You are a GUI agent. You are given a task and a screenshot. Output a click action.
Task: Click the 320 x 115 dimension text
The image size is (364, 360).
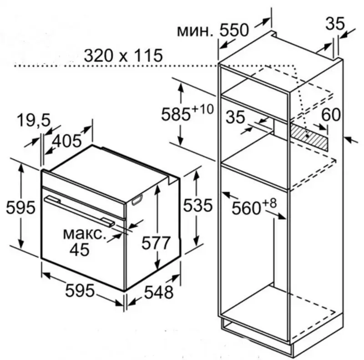(123, 56)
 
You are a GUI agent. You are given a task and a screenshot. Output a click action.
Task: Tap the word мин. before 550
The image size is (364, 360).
(195, 31)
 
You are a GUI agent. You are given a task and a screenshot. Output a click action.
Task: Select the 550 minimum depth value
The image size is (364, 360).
(234, 30)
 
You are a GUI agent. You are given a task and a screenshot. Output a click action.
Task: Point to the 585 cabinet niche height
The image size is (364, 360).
(176, 114)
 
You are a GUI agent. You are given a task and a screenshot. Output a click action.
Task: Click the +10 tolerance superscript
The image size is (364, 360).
(202, 109)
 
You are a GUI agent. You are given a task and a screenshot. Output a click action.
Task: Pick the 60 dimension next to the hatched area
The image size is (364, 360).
(331, 115)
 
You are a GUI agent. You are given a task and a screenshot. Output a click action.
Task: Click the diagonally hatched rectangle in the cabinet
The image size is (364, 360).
(308, 137)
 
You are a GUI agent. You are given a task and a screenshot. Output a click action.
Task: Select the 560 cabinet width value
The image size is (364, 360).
(247, 208)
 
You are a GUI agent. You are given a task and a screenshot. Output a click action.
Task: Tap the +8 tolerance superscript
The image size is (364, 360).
(269, 203)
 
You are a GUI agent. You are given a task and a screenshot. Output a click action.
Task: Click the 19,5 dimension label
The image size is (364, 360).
(34, 121)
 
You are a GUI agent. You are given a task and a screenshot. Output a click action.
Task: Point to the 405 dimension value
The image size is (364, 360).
(66, 141)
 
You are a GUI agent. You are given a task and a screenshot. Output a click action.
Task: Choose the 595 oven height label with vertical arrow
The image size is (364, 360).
(20, 208)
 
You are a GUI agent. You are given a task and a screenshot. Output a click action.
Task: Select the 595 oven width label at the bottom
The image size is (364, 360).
(80, 290)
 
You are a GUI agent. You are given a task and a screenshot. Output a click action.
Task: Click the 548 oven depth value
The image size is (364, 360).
(159, 292)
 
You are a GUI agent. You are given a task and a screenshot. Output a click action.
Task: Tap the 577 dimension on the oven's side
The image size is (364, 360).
(156, 243)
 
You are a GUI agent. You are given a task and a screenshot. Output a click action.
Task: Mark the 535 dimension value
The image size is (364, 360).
(198, 205)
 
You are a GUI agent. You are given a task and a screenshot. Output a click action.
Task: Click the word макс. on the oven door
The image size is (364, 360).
(85, 234)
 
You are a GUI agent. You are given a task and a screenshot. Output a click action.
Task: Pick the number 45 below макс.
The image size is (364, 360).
(80, 250)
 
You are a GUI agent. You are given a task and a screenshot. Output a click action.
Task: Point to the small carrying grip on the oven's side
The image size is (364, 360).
(137, 200)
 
